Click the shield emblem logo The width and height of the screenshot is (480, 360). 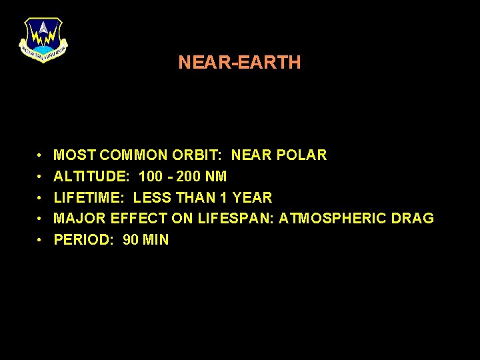(43, 39)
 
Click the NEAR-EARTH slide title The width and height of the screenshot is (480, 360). (239, 63)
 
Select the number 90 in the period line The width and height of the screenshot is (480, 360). (131, 240)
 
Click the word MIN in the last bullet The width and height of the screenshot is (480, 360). (156, 240)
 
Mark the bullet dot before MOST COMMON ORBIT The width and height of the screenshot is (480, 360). (41, 156)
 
